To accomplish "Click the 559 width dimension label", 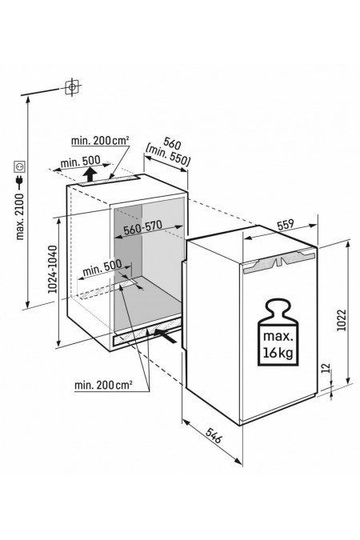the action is click(x=286, y=225).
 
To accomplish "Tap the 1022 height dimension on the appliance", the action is click(x=341, y=320).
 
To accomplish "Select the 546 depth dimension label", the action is click(x=214, y=434).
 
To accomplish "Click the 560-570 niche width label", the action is click(x=143, y=227).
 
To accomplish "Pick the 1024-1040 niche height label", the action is click(x=52, y=269).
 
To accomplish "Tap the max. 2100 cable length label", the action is click(x=20, y=216).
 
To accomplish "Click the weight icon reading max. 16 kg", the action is click(x=278, y=334).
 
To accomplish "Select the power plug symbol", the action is click(x=20, y=182).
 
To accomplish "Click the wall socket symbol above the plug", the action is click(x=19, y=166).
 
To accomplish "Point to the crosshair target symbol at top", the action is click(x=72, y=86).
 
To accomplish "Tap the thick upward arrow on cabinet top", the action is click(x=90, y=174).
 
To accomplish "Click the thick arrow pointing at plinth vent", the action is click(x=166, y=335).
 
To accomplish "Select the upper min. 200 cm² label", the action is click(x=100, y=141).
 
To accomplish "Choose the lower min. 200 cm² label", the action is click(x=103, y=385).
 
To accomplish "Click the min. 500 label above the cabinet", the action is click(x=80, y=161).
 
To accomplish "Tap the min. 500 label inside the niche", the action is click(x=102, y=267).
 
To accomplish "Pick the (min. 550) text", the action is click(x=168, y=156).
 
